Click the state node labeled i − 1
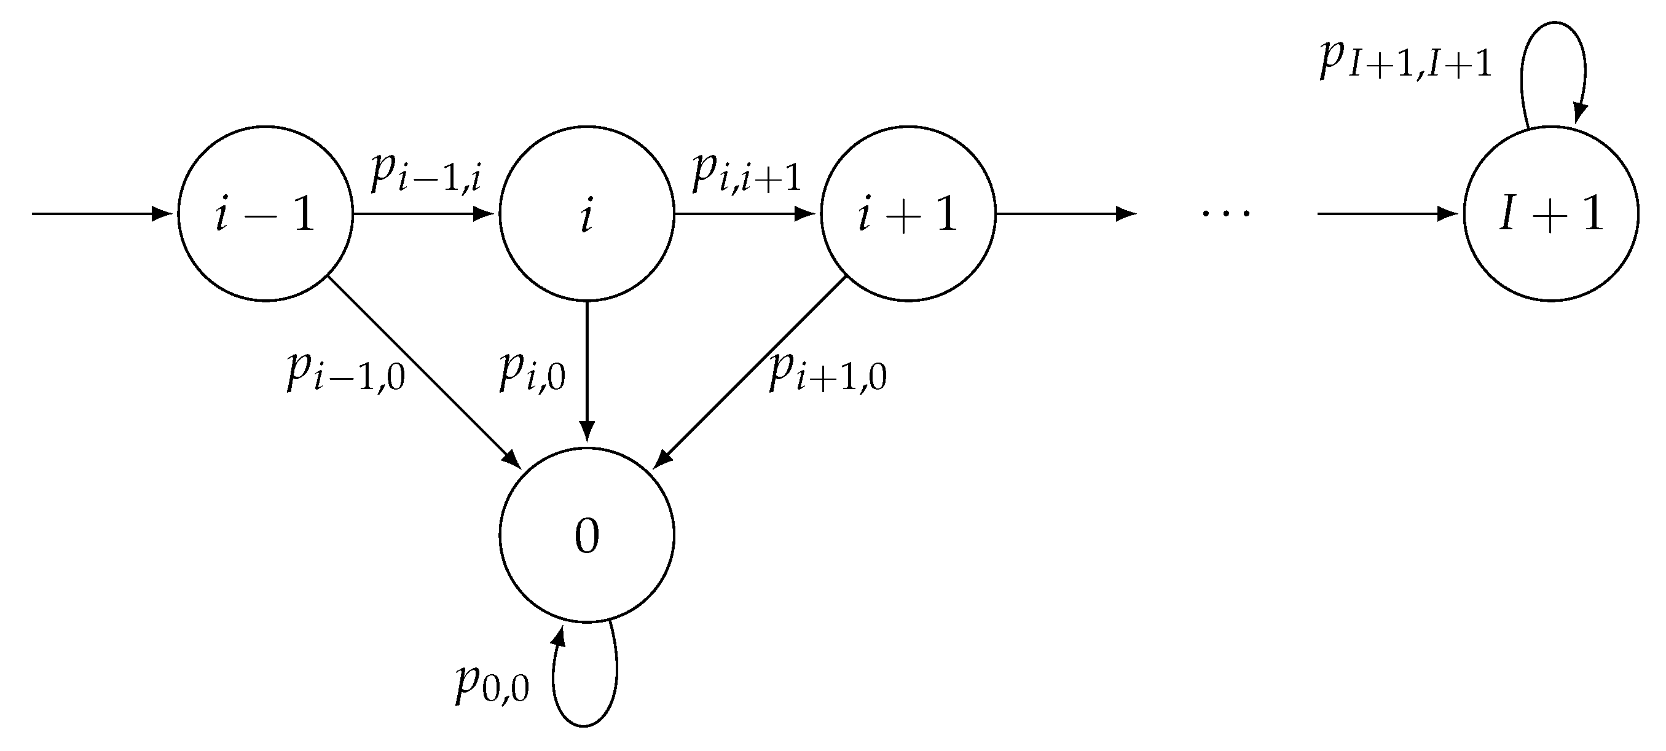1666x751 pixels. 265,213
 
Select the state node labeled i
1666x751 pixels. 587,213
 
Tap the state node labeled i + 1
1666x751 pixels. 908,213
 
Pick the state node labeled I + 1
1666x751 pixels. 1551,213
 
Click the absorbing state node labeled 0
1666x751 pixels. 587,535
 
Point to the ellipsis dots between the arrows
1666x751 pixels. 1225,213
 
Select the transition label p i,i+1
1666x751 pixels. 747,173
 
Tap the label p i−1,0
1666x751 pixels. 346,372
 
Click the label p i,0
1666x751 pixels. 532,372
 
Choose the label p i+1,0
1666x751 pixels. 828,372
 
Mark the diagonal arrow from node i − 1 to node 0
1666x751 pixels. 423,372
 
